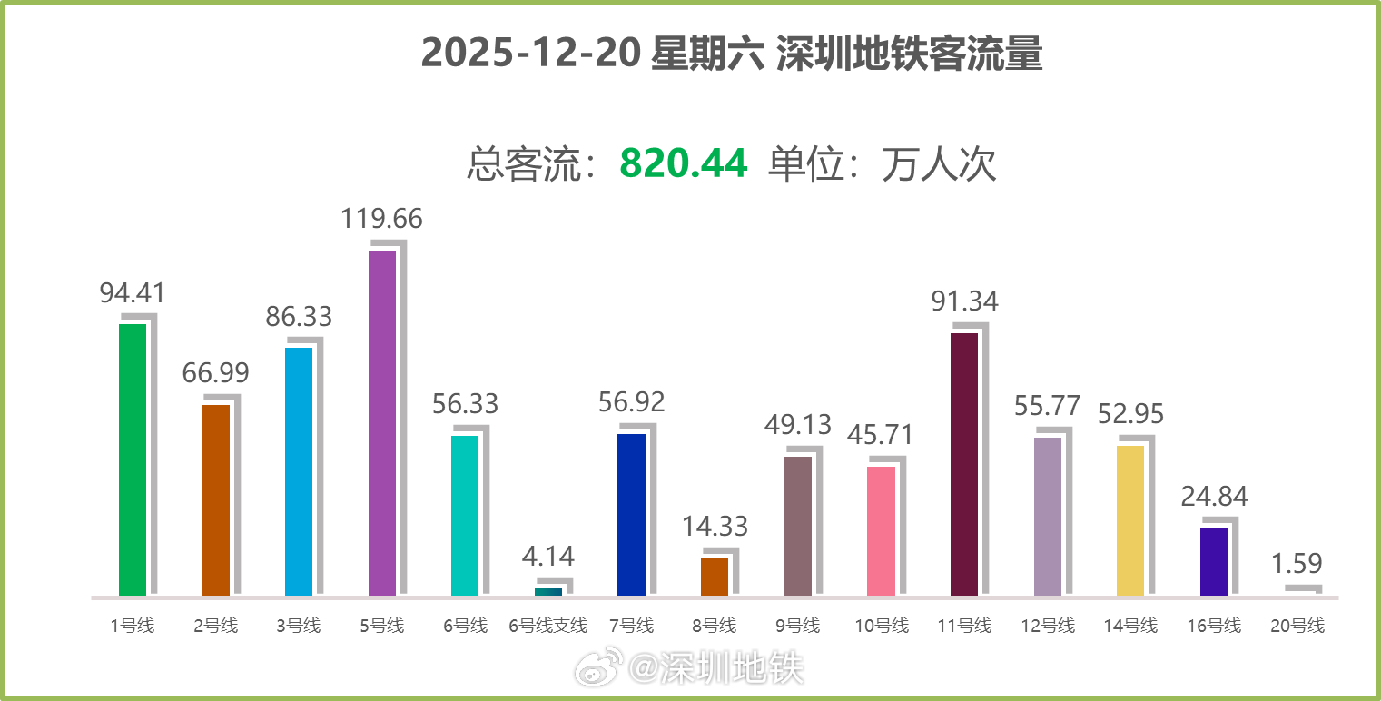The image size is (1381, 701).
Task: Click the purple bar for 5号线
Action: pyautogui.click(x=382, y=422)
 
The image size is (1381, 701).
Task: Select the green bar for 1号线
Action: pyautogui.click(x=133, y=459)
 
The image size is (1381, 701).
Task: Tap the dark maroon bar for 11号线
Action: pyautogui.click(x=964, y=463)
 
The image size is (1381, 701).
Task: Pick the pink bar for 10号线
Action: pyautogui.click(x=882, y=530)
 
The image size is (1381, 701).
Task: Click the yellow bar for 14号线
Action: pyautogui.click(x=1130, y=520)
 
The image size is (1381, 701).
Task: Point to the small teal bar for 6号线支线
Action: pyautogui.click(x=548, y=592)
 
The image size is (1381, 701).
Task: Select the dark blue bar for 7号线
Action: pyautogui.click(x=631, y=514)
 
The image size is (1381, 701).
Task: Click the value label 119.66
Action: pyautogui.click(x=381, y=219)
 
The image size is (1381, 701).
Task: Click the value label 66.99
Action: pyautogui.click(x=215, y=373)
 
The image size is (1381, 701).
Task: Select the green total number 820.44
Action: pyautogui.click(x=684, y=164)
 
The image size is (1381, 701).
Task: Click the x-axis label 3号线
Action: pyautogui.click(x=299, y=626)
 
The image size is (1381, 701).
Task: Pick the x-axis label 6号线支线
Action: pyautogui.click(x=548, y=626)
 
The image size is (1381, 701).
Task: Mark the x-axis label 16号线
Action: pyautogui.click(x=1214, y=626)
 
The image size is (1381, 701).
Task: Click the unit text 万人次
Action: pyautogui.click(x=939, y=164)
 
